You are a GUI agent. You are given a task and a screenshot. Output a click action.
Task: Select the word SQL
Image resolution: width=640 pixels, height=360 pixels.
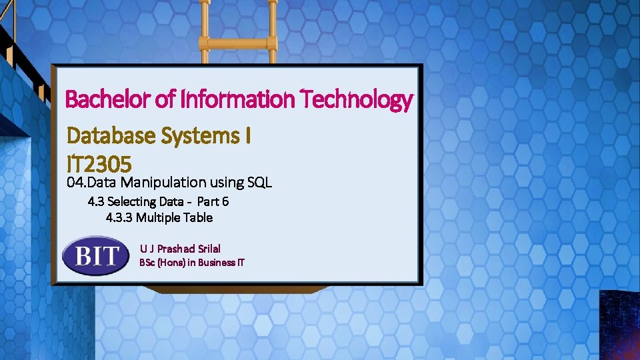tap(259, 181)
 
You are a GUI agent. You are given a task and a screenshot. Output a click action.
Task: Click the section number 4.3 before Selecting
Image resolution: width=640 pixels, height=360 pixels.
tap(96, 201)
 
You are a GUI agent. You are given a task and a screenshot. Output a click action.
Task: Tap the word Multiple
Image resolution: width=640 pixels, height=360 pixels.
tap(159, 217)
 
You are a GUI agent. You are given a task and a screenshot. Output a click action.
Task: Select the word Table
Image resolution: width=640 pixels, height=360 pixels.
tap(199, 217)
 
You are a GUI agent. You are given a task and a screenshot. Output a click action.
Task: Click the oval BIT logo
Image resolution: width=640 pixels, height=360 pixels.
tap(96, 255)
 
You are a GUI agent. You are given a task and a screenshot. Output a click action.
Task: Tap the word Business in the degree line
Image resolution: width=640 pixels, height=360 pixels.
tap(215, 263)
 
